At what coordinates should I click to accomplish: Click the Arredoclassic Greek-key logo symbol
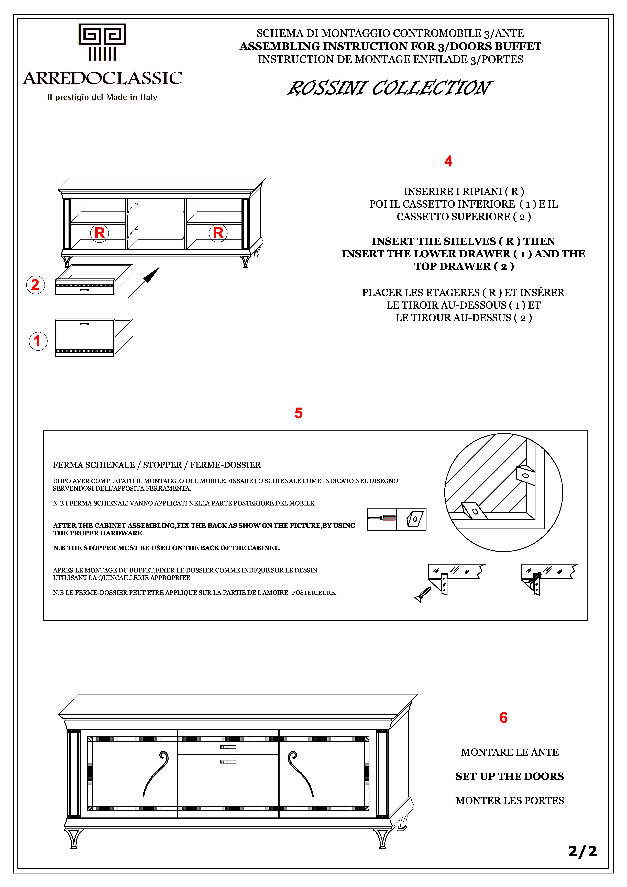coord(102,42)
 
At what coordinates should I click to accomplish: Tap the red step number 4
coord(448,161)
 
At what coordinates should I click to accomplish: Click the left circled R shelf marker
coord(100,233)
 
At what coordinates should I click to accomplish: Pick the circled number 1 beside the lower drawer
coord(38,341)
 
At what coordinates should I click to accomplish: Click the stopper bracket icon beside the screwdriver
coord(412,519)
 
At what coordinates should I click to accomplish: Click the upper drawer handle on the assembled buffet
coord(228,747)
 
